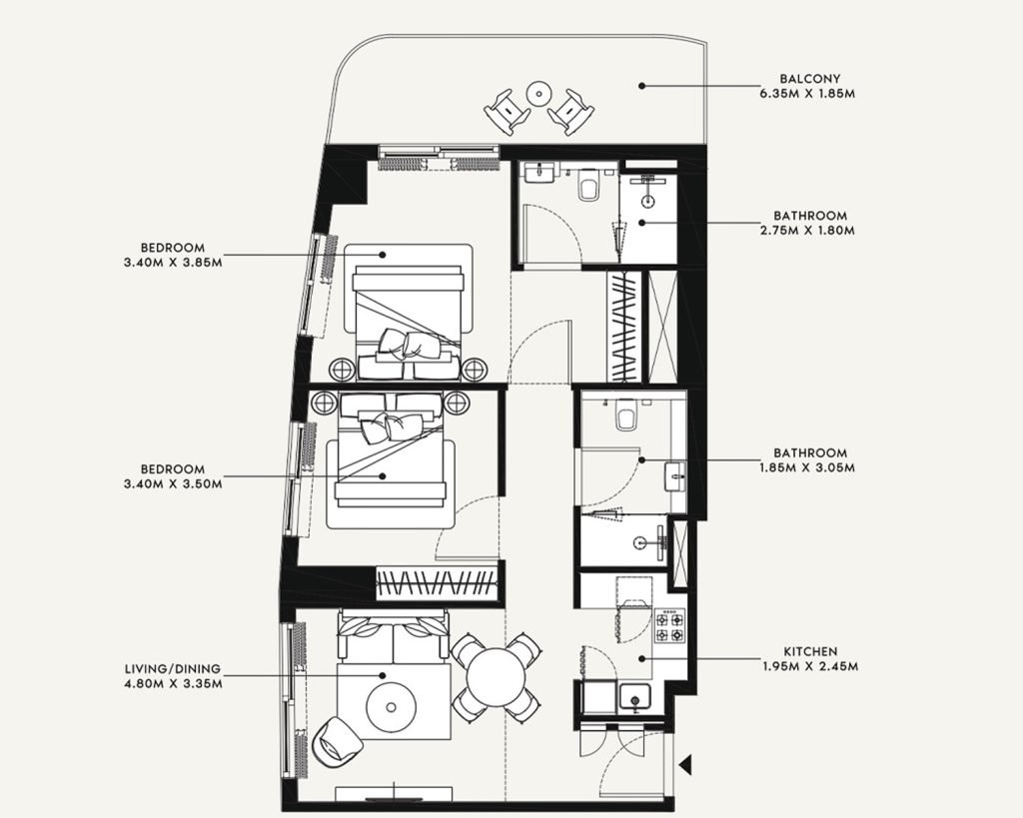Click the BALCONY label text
pyautogui.click(x=807, y=78)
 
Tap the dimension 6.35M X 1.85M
pyautogui.click(x=807, y=93)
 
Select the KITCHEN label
pyautogui.click(x=810, y=651)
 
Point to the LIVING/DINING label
pyautogui.click(x=173, y=669)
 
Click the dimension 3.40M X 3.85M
pyautogui.click(x=173, y=263)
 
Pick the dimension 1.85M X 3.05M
pyautogui.click(x=807, y=467)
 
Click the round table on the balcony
pyautogui.click(x=538, y=93)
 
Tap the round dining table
pyautogui.click(x=498, y=677)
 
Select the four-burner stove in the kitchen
pyautogui.click(x=670, y=625)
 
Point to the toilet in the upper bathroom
pyautogui.click(x=587, y=185)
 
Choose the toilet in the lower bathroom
pyautogui.click(x=625, y=414)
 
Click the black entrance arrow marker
pyautogui.click(x=685, y=764)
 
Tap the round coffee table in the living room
pyautogui.click(x=391, y=707)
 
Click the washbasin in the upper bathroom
pyautogui.click(x=540, y=173)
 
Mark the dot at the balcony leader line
pyautogui.click(x=641, y=86)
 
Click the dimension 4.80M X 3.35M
pyautogui.click(x=173, y=684)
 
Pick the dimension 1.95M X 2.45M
pyautogui.click(x=810, y=666)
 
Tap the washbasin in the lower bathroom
pyautogui.click(x=675, y=476)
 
